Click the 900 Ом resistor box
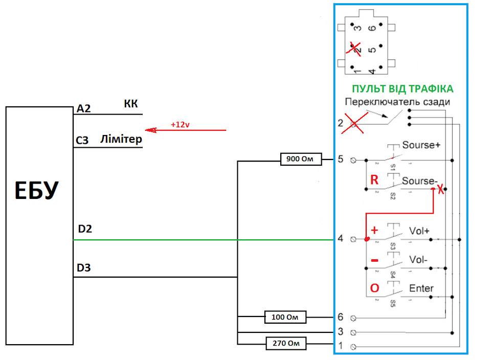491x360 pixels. coord(301,159)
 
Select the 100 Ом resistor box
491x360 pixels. coord(285,317)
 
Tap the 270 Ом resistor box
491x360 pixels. coord(286,344)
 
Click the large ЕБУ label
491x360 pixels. coord(37,190)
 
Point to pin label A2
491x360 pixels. coord(83,108)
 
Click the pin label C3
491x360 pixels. coord(82,140)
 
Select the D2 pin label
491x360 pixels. coord(85,229)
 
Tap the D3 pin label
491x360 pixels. coord(83,267)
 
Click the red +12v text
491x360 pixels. coord(180,125)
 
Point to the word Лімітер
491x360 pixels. coord(121,139)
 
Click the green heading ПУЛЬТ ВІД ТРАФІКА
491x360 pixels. coord(403,89)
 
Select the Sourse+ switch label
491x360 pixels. coord(421,145)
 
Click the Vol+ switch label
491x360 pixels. coord(419,231)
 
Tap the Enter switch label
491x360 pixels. coord(421,288)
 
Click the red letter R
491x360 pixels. coord(374,180)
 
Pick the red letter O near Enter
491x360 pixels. coord(374,288)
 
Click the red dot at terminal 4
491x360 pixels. coord(367,239)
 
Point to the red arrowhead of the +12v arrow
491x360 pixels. coord(150,130)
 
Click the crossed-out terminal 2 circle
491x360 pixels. coord(353,124)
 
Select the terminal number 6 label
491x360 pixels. coord(341,317)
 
